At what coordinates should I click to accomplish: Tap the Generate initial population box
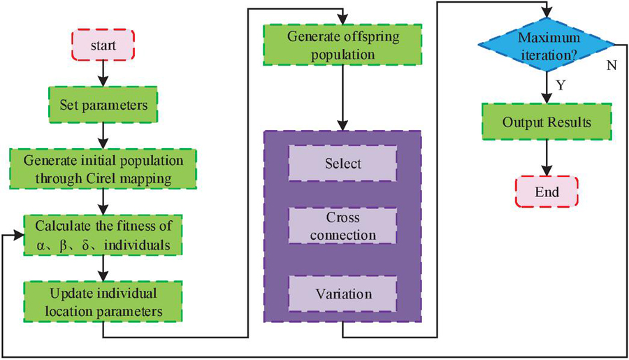pyautogui.click(x=103, y=168)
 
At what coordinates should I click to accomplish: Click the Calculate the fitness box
pyautogui.click(x=103, y=235)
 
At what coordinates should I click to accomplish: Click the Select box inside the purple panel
pyautogui.click(x=342, y=164)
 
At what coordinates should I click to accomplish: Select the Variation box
pyautogui.click(x=342, y=293)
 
